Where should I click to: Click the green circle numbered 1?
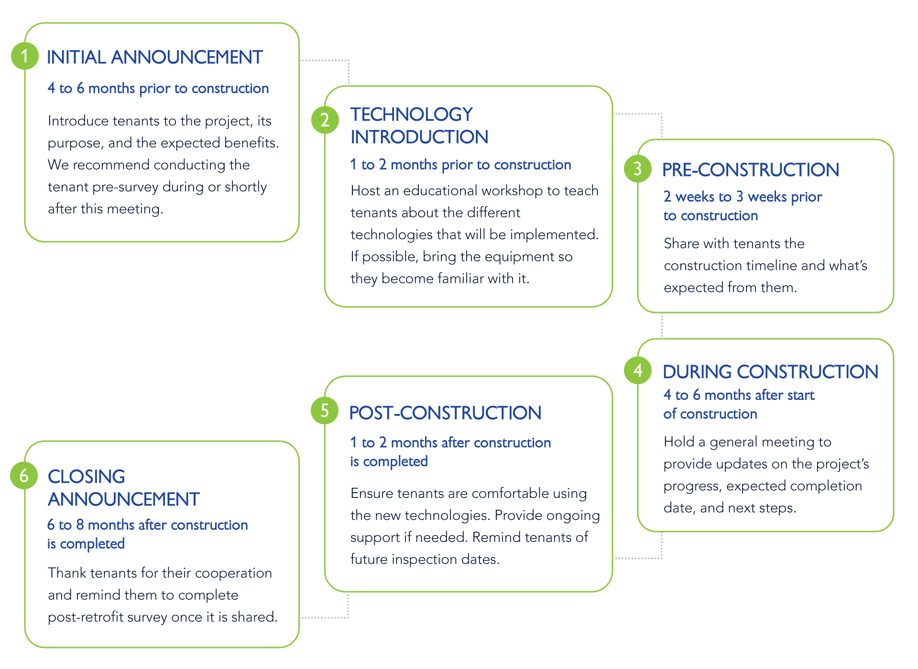(x=25, y=56)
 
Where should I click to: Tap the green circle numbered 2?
(x=325, y=119)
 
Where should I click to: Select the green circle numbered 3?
(x=638, y=169)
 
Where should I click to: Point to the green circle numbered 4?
(x=638, y=370)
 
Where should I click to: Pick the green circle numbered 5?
(x=325, y=410)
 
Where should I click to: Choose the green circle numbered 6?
(x=24, y=475)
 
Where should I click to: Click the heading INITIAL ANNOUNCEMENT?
(x=155, y=57)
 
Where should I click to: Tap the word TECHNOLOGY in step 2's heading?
(x=412, y=115)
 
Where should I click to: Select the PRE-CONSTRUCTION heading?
(x=751, y=170)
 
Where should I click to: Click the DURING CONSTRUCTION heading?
(x=770, y=372)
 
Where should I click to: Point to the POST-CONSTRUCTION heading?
(x=445, y=413)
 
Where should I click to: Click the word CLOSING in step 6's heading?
(x=87, y=476)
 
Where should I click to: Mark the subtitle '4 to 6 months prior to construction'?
(x=158, y=88)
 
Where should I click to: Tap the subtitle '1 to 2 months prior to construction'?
(x=460, y=165)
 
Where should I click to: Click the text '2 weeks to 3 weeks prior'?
(x=743, y=197)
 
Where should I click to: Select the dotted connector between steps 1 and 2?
(x=348, y=67)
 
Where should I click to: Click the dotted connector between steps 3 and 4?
(x=662, y=325)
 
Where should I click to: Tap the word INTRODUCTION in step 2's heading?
(x=419, y=137)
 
